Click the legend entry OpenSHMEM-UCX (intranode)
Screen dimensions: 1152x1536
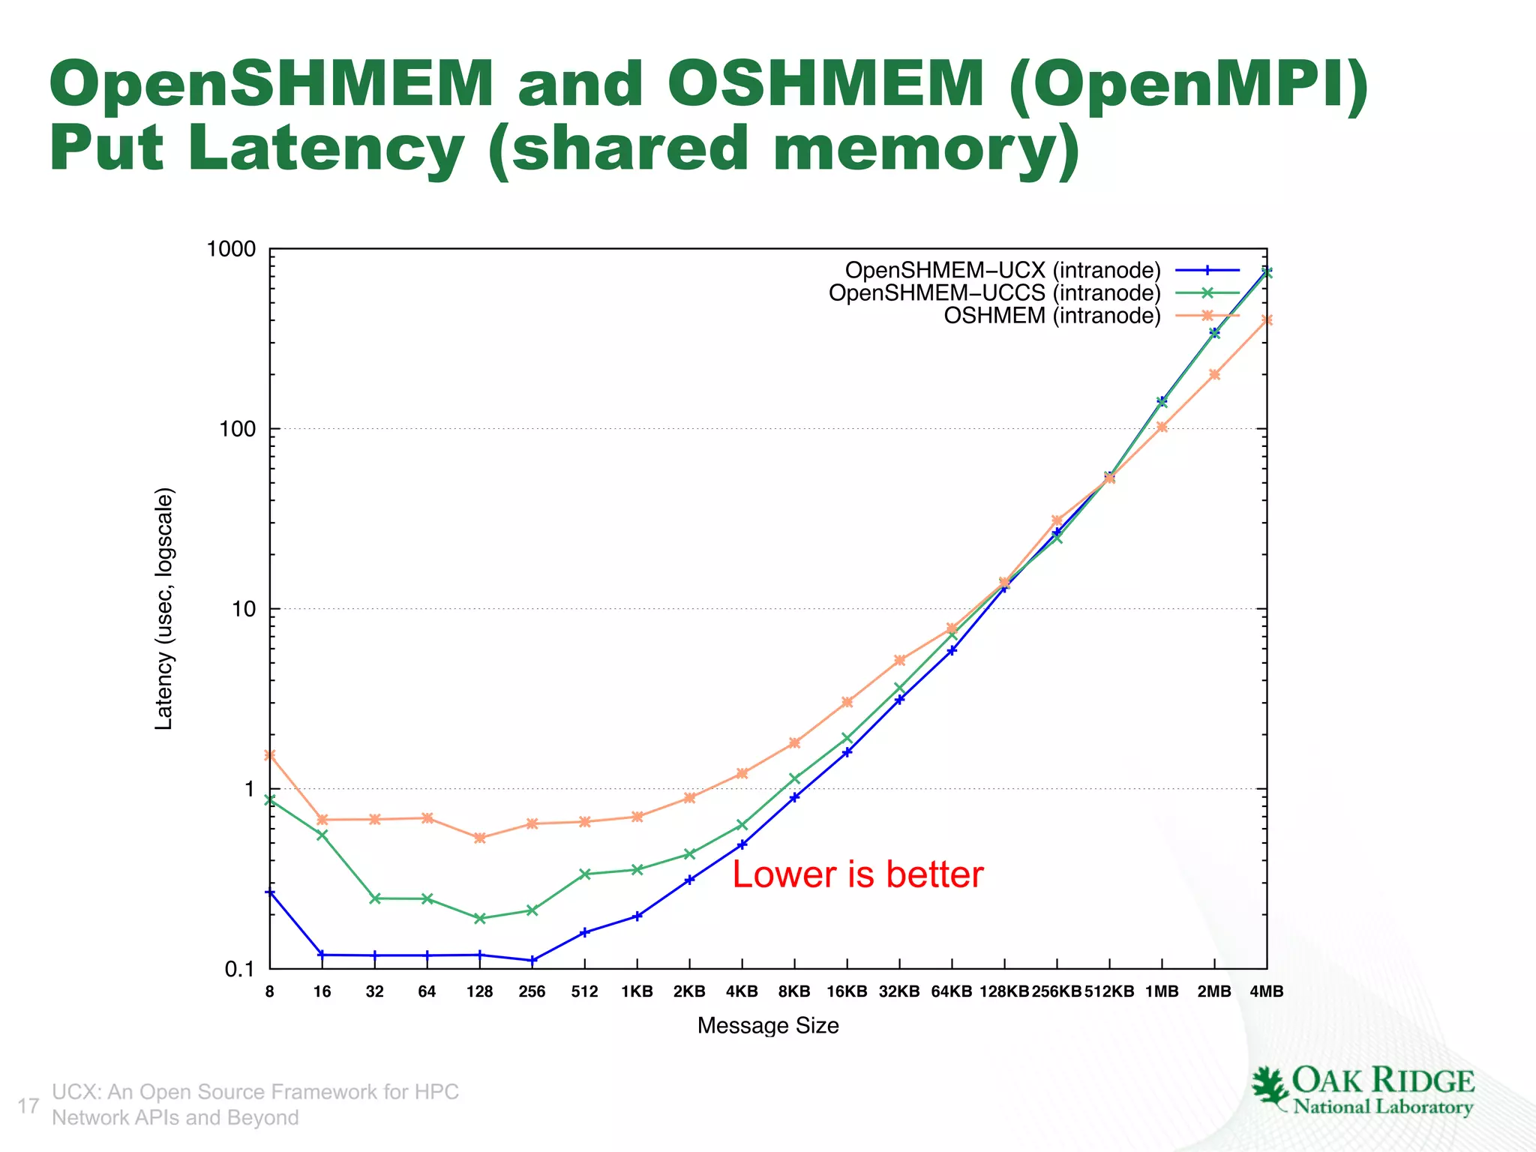click(x=1003, y=270)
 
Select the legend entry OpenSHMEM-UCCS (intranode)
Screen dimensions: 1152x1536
click(x=994, y=292)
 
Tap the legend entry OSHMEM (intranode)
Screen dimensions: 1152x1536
click(x=1051, y=316)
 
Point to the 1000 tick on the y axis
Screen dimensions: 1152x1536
click(x=231, y=249)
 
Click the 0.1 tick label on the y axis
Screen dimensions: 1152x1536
click(x=239, y=970)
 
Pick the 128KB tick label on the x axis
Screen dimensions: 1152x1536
click(x=1004, y=991)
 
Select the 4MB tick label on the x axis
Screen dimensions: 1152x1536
click(x=1267, y=991)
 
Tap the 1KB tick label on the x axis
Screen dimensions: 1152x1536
click(x=637, y=991)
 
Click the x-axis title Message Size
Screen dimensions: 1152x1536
click(x=768, y=1025)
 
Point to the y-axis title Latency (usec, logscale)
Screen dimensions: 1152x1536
click(x=163, y=608)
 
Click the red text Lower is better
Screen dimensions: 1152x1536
click(x=857, y=874)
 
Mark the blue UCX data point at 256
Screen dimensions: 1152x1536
click(x=532, y=960)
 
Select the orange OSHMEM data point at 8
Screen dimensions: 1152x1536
click(x=270, y=755)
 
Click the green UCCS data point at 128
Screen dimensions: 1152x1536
click(x=480, y=918)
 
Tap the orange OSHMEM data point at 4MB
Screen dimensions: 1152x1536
click(x=1267, y=320)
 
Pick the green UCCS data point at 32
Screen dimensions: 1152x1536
click(x=375, y=898)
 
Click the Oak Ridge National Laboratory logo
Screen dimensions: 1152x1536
click(x=1362, y=1091)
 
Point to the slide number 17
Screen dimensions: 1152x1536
click(x=28, y=1105)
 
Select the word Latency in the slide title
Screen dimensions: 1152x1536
click(x=325, y=148)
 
